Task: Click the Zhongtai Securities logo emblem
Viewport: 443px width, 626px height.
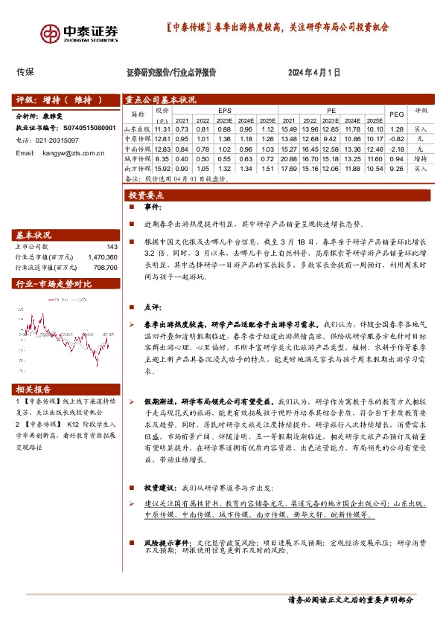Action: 51,33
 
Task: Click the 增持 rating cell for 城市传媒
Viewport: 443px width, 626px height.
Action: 421,158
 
